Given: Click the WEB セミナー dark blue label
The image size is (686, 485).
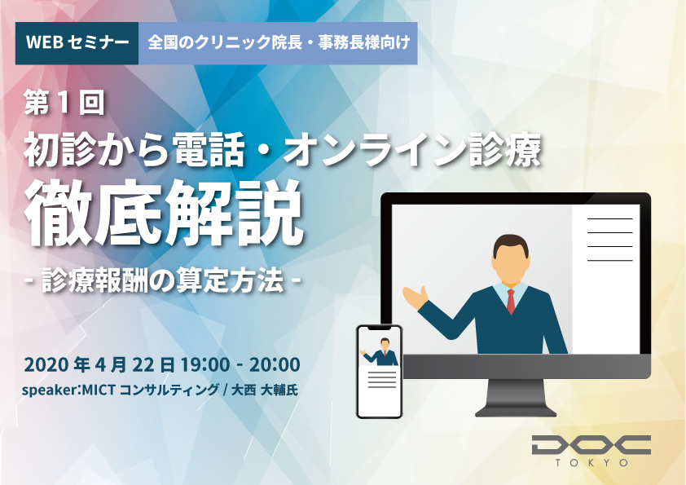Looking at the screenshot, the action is point(77,43).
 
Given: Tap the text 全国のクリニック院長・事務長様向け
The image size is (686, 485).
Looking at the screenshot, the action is point(279,42).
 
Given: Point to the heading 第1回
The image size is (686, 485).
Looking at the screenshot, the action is point(64,104).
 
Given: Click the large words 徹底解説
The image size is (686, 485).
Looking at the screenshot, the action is point(164,214).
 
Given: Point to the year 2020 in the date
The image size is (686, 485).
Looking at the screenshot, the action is point(46,364).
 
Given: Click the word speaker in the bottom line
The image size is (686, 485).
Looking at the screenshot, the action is point(49,390).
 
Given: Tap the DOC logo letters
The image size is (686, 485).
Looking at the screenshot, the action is point(591,444).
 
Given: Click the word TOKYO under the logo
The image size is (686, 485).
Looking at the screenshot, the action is point(591,463).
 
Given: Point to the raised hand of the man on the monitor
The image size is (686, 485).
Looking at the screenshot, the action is point(415,297).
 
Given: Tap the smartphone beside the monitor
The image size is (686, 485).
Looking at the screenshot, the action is point(380,372).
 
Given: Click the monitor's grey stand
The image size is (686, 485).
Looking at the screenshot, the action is point(516,399).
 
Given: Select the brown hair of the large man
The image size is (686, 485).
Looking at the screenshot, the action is point(511,245).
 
